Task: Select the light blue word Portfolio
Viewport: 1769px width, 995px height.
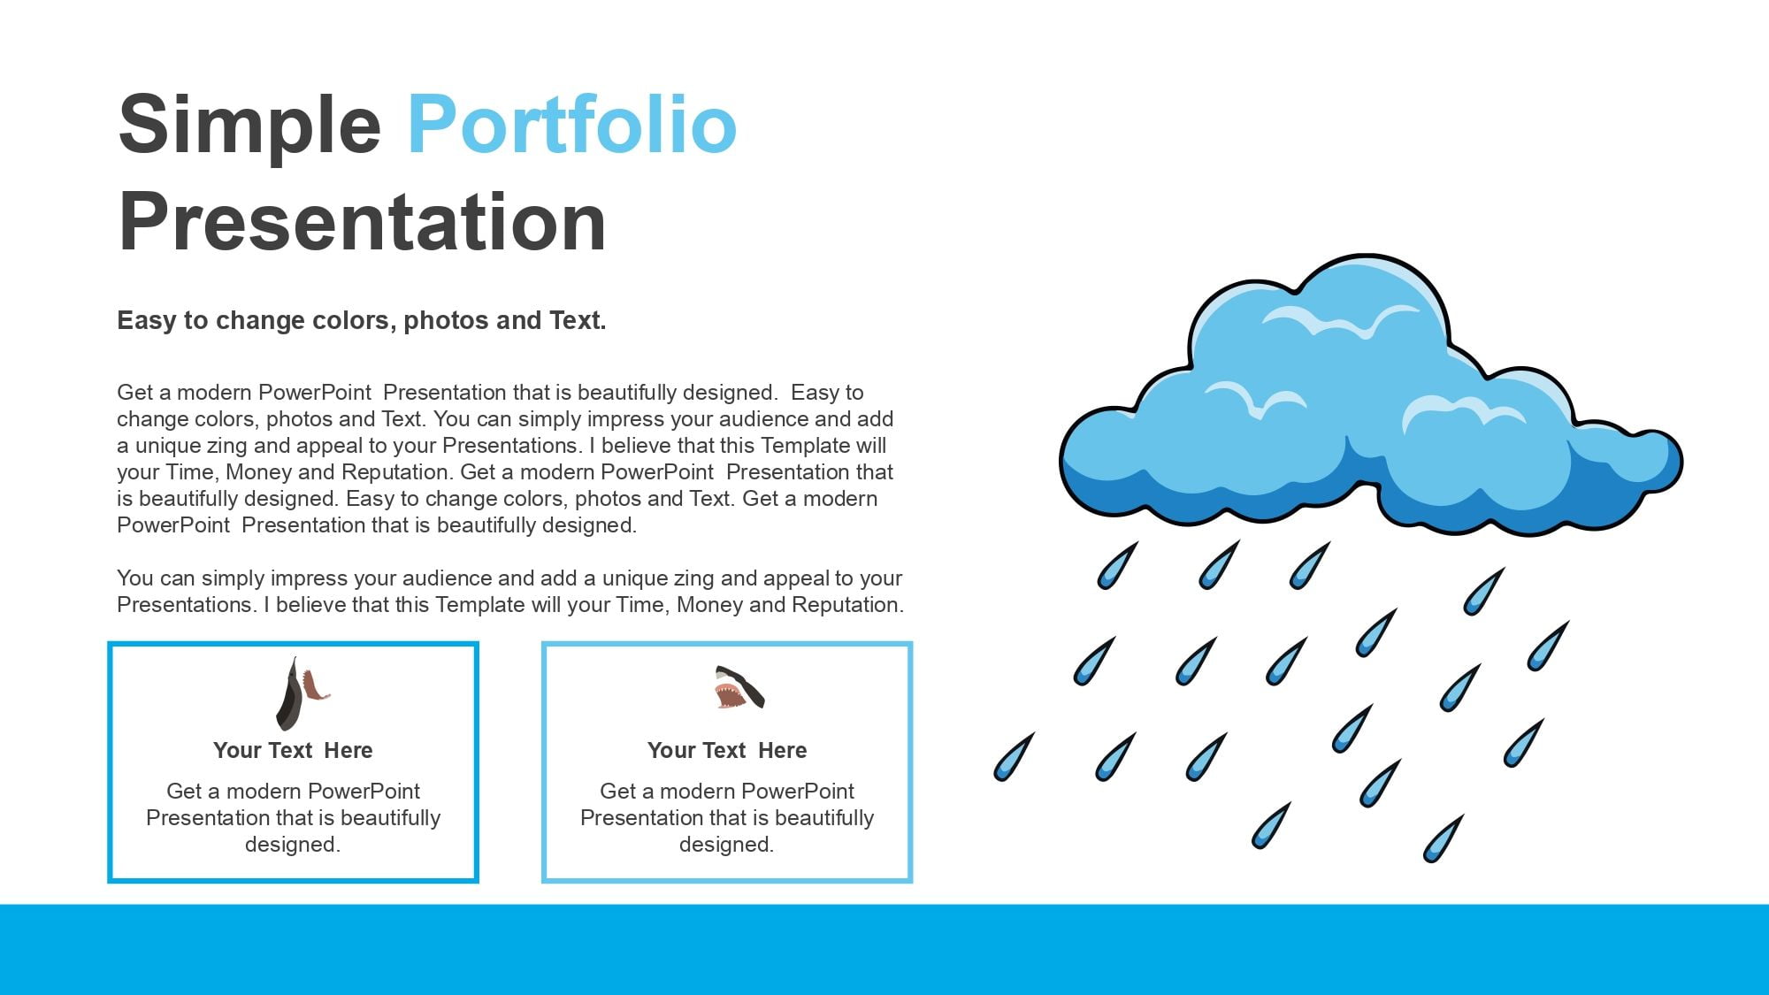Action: pos(572,124)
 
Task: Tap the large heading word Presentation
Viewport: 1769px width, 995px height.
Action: pos(363,223)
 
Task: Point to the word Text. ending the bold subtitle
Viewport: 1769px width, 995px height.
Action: pos(578,320)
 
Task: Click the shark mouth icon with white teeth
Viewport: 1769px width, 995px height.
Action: pos(739,687)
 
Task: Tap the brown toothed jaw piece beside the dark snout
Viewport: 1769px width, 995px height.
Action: pos(315,685)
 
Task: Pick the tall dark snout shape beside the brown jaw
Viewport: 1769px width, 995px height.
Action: pos(290,693)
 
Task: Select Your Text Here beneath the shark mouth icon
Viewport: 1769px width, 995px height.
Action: pos(727,750)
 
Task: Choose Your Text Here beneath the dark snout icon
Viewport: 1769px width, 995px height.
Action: pos(293,750)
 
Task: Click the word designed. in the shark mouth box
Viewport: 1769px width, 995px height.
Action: pos(726,845)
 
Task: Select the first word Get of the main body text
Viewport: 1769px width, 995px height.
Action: pos(135,392)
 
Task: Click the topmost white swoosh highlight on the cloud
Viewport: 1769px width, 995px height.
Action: pos(1339,320)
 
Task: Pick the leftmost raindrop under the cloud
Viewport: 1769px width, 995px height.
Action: pos(1014,756)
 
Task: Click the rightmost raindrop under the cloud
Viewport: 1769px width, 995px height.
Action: pos(1548,645)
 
